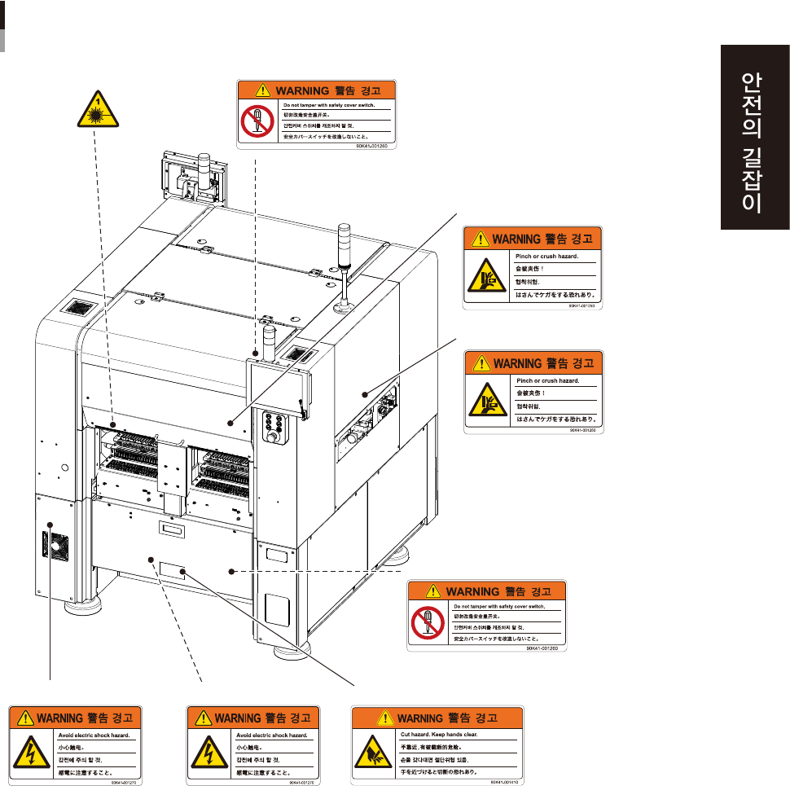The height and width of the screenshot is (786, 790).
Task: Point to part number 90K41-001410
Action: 506,781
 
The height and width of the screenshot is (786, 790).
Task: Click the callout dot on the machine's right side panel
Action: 366,394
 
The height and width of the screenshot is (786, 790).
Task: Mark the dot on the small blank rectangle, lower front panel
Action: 184,572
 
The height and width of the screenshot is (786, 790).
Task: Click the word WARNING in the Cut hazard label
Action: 419,718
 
